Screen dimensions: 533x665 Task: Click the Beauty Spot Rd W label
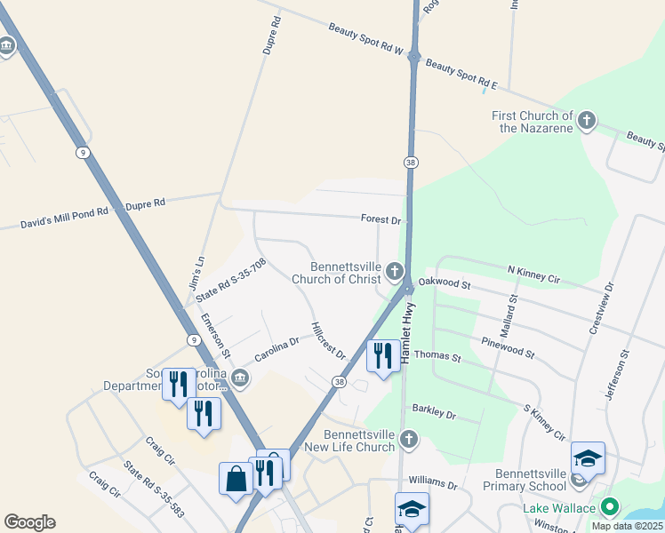(x=365, y=40)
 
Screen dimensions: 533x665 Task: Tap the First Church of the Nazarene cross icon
(x=586, y=121)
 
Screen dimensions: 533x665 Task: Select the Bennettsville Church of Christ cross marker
(x=395, y=271)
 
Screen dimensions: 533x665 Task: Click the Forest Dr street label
(x=381, y=219)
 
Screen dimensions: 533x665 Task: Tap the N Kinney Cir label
(x=533, y=274)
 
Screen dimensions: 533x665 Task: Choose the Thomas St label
(x=437, y=357)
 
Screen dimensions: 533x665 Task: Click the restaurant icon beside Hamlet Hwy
(x=383, y=356)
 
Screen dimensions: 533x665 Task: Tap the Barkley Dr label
(x=434, y=413)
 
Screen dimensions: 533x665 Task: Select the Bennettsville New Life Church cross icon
(x=408, y=438)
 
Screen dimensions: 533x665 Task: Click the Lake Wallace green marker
(x=609, y=507)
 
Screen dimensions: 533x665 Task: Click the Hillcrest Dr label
(x=328, y=340)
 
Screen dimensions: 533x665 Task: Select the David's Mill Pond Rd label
(x=64, y=218)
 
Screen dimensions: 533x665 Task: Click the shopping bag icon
(x=236, y=480)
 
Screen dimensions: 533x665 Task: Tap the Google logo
(x=29, y=522)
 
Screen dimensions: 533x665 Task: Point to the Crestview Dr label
(x=602, y=308)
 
